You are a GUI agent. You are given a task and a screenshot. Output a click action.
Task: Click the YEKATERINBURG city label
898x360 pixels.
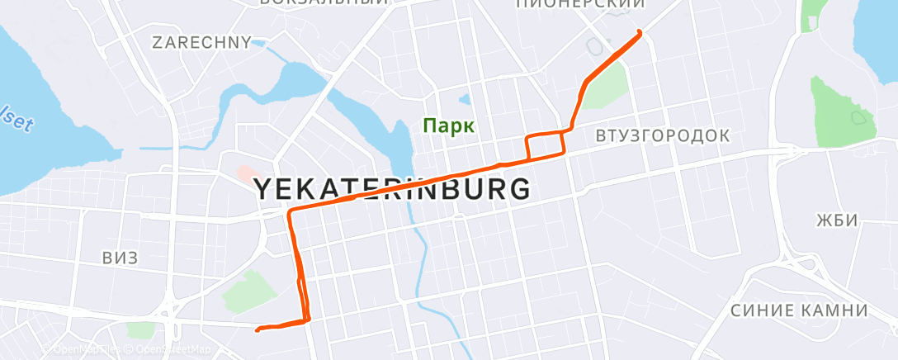click(x=391, y=190)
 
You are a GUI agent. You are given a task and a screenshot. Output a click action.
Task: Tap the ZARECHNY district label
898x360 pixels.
click(x=201, y=42)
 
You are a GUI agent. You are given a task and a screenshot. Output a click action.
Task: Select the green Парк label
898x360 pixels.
click(x=448, y=126)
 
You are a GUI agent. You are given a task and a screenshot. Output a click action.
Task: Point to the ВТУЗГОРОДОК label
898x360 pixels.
click(x=662, y=135)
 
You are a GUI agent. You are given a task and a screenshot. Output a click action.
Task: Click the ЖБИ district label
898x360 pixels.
click(x=837, y=220)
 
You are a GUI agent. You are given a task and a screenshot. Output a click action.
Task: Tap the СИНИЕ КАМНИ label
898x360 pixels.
click(x=799, y=310)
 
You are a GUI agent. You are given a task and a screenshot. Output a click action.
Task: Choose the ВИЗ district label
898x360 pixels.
click(x=121, y=258)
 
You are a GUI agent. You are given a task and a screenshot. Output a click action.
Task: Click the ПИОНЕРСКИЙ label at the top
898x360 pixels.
click(x=579, y=4)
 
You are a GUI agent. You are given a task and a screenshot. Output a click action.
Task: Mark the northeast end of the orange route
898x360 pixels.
click(x=640, y=32)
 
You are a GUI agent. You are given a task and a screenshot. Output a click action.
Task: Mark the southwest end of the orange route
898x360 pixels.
click(x=258, y=330)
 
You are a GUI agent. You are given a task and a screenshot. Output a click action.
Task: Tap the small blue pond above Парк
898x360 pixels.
click(x=465, y=101)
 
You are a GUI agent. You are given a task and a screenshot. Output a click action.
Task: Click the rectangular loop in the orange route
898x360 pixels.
click(x=546, y=144)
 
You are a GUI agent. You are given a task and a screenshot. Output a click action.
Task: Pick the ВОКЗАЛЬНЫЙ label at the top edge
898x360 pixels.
click(x=323, y=2)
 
